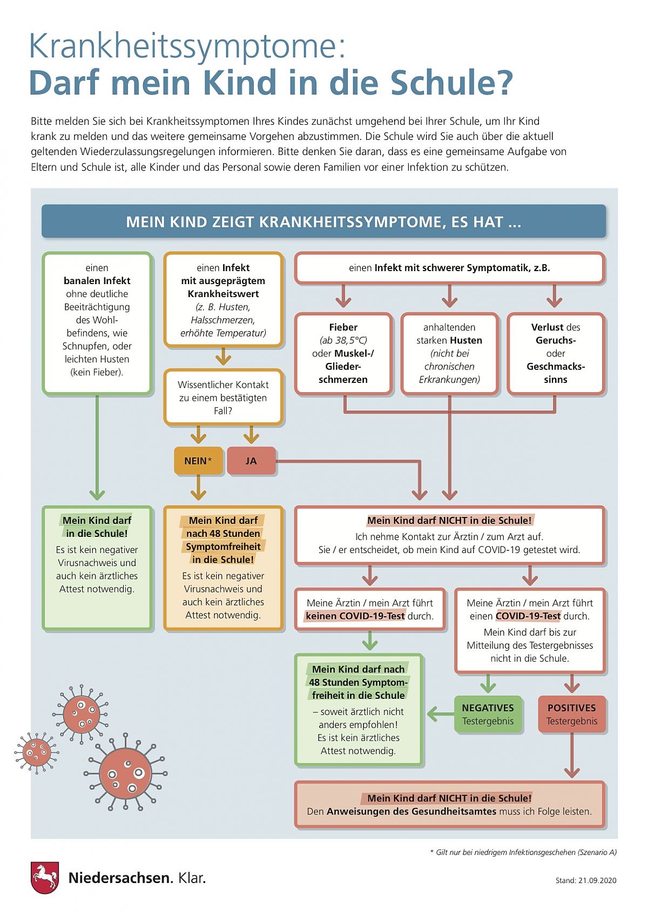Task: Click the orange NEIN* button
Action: pos(198,461)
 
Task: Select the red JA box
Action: pos(251,461)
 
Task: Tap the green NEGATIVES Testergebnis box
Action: pos(488,714)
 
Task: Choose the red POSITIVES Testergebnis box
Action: pos(571,714)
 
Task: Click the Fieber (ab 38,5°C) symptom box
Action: pos(343,354)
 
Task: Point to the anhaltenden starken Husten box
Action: pos(449,354)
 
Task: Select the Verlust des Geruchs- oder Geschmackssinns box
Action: pos(556,354)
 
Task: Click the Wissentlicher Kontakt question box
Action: pos(223,397)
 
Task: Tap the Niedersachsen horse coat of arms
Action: pos(45,878)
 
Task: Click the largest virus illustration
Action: pos(125,773)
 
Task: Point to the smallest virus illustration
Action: pos(36,752)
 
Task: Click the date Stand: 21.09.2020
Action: pos(585,880)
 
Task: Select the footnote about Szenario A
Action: pos(523,852)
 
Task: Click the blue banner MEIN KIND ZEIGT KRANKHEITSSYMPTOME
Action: pos(324,221)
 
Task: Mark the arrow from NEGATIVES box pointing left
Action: pos(441,715)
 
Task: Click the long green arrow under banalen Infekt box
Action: pos(97,447)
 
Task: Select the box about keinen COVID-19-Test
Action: pos(370,609)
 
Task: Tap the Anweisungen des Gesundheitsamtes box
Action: pos(450,805)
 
